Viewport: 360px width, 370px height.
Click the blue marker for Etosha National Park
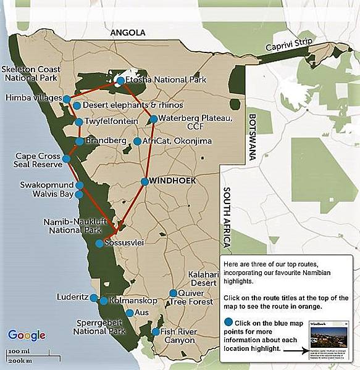[x=120, y=80]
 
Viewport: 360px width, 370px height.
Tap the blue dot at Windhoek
[x=144, y=181]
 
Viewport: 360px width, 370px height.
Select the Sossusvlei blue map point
[x=100, y=244]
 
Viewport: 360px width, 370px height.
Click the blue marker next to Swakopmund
[x=80, y=185]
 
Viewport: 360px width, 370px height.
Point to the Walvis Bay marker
[x=80, y=195]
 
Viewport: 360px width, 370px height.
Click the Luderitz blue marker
[x=94, y=298]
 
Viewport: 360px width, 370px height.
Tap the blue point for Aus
[x=129, y=313]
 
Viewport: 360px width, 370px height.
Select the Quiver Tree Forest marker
[x=174, y=294]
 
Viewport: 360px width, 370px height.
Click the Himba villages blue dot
[x=67, y=98]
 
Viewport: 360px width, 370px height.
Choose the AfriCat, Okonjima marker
[x=137, y=141]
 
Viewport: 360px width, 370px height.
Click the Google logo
[x=27, y=335]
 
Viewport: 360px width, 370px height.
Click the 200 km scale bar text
[x=22, y=360]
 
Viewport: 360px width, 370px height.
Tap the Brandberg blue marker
[x=80, y=142]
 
